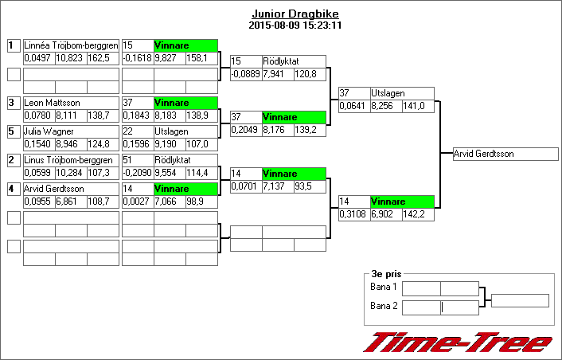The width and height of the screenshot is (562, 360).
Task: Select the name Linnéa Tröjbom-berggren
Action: point(71,45)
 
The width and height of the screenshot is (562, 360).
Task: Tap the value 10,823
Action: point(70,58)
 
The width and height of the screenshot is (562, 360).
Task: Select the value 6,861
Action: point(70,202)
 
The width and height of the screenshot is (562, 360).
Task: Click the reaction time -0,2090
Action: point(137,173)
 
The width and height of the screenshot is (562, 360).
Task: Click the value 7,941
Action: point(278,74)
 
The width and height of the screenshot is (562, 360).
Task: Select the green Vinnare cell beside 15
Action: point(185,45)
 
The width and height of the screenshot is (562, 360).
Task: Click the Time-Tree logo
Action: point(458,342)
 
